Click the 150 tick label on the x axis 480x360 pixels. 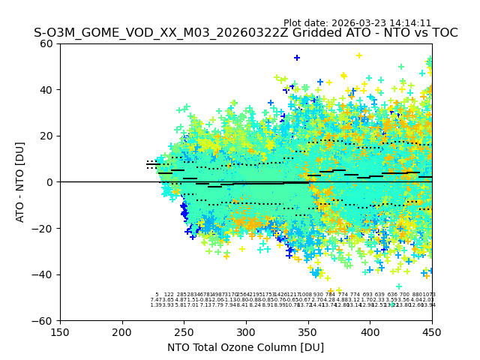(60, 332)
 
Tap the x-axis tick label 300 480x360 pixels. (246, 332)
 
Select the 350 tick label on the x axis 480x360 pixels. (308, 332)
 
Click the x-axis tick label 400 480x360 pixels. (370, 332)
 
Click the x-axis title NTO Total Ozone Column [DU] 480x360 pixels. (246, 347)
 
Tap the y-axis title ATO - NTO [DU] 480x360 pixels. (21, 182)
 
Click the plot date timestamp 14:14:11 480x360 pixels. (411, 23)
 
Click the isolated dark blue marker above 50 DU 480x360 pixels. (297, 58)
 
